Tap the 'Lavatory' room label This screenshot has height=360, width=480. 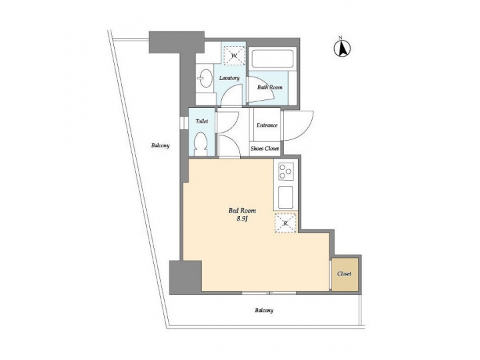[x=229, y=79]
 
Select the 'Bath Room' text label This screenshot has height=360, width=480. [x=270, y=87]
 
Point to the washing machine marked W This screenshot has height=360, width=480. [x=234, y=55]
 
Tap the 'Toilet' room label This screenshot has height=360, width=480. [x=202, y=122]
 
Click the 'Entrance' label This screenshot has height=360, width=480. [x=267, y=125]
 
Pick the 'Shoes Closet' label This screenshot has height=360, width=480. [x=265, y=149]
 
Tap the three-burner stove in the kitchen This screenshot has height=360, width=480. [x=286, y=171]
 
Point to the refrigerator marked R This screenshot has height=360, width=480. [x=286, y=223]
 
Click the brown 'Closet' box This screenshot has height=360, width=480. [x=344, y=274]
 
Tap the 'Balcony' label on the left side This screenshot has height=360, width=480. [x=160, y=146]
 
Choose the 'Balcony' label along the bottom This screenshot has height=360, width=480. [x=263, y=310]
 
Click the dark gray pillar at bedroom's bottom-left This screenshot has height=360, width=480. [x=185, y=275]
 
